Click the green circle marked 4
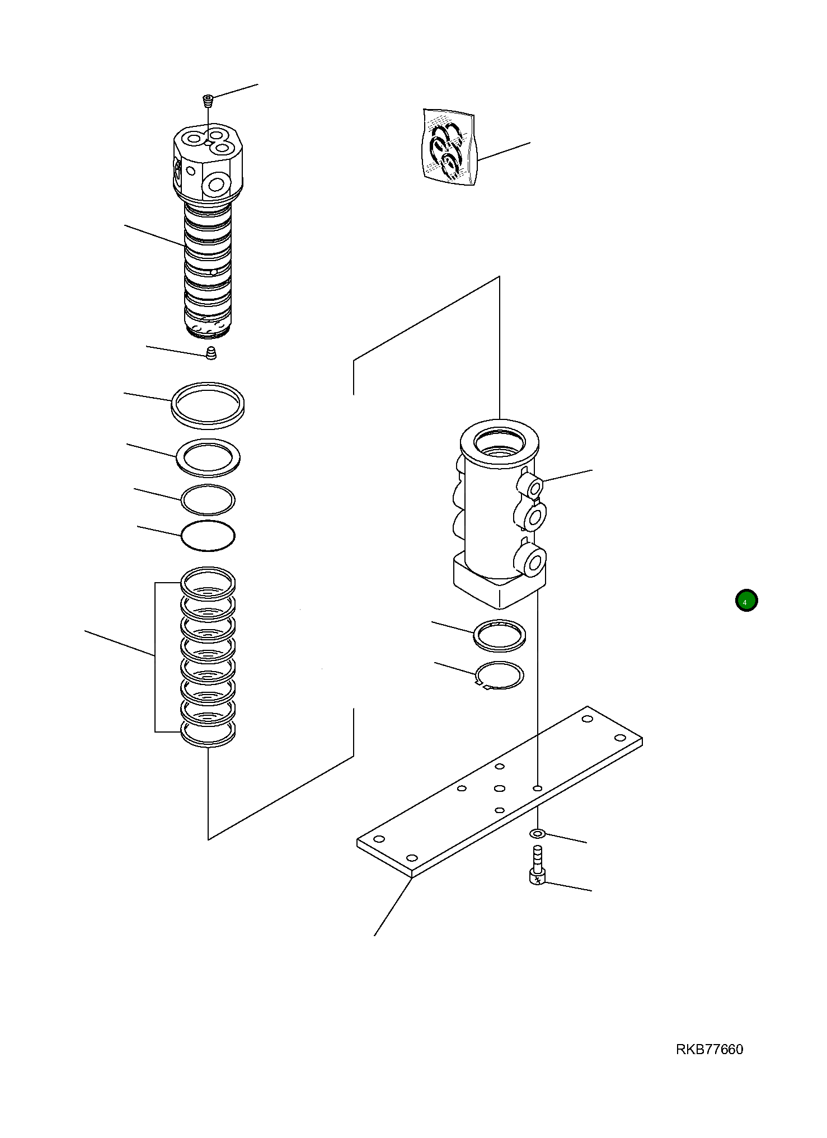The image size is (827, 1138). (746, 601)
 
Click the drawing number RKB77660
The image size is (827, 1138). (709, 1050)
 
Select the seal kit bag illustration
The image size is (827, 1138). (448, 147)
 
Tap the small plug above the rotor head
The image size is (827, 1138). (208, 101)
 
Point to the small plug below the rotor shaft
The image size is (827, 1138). (211, 353)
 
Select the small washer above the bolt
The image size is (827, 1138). (537, 834)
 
